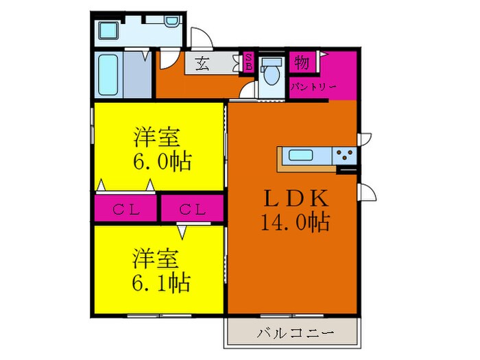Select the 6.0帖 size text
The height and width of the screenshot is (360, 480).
[x=162, y=162]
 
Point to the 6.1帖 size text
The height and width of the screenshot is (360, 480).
[x=161, y=281]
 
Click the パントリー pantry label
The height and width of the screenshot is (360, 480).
[x=312, y=87]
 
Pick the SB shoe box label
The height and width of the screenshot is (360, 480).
[x=249, y=62]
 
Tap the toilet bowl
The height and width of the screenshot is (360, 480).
[x=272, y=72]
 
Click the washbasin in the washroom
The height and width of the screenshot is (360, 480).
[x=108, y=30]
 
